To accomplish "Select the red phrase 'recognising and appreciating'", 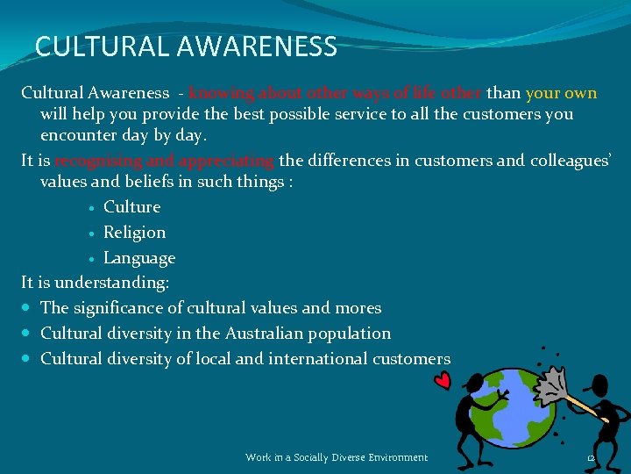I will click(x=165, y=161).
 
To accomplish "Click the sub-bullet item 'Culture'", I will click(x=131, y=207).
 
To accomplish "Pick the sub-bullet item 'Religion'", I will click(x=134, y=233).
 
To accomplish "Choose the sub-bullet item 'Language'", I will click(x=138, y=258).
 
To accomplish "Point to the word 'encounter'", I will click(x=76, y=136).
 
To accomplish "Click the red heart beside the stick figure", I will click(x=443, y=380).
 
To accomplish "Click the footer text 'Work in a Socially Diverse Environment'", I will click(x=337, y=457).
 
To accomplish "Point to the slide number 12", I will click(x=591, y=458).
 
